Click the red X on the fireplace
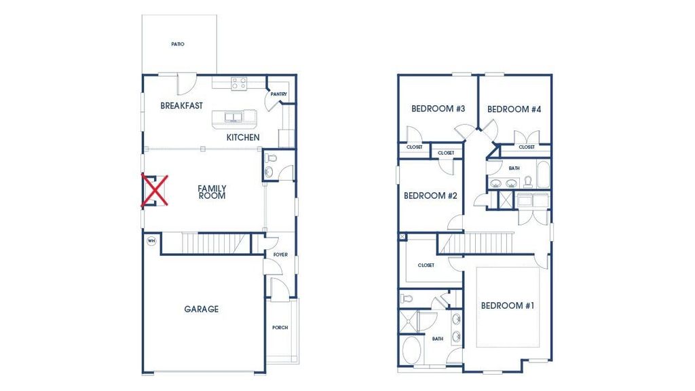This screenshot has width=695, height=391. coord(155,190)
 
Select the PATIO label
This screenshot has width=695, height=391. coord(178,44)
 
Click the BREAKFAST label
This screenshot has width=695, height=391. coord(181,106)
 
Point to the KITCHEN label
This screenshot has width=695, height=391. coord(242,138)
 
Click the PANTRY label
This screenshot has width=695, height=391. coord(279,94)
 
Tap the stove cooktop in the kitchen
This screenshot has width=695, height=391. coord(238,83)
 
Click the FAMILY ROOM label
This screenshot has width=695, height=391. coord(212,192)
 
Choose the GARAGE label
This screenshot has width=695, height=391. coord(202,310)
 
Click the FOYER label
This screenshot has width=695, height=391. coord(280,255)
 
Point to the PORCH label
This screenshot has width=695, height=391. coord(280,328)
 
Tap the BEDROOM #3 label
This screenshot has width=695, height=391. coord(438,109)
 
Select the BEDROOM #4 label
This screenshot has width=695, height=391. coord(513,109)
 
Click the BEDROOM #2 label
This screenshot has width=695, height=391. coord(430,196)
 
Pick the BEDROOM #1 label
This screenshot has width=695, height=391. coord(508,306)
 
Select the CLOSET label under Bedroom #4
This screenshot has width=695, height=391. coord(527,147)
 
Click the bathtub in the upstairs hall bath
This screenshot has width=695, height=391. coord(544,174)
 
